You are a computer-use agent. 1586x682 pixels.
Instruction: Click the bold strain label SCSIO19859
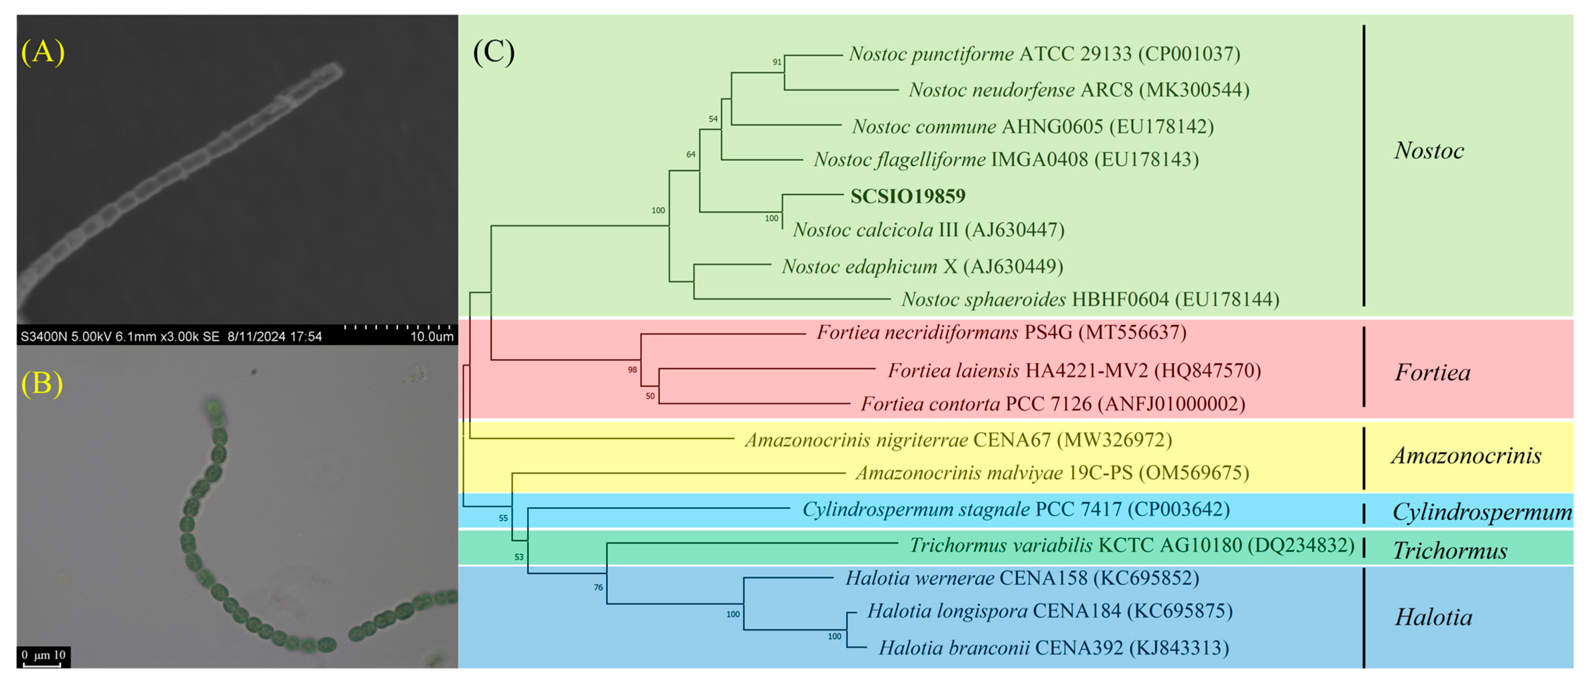[x=908, y=196]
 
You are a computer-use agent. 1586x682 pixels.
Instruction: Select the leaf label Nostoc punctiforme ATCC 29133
[x=1044, y=54]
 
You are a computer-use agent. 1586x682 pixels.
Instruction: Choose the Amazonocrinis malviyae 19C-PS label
[x=1052, y=473]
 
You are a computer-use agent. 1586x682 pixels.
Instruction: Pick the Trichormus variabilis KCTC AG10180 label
[x=1131, y=545]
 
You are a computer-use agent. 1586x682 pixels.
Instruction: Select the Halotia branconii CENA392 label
[x=1053, y=648]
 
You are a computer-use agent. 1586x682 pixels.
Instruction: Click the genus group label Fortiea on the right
[x=1432, y=372]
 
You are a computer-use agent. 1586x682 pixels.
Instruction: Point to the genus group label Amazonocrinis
[x=1466, y=455]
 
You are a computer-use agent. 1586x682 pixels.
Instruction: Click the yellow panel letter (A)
[x=43, y=51]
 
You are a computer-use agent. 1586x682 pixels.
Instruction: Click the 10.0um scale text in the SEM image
[x=431, y=337]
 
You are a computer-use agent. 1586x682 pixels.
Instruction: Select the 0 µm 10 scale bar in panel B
[x=43, y=657]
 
